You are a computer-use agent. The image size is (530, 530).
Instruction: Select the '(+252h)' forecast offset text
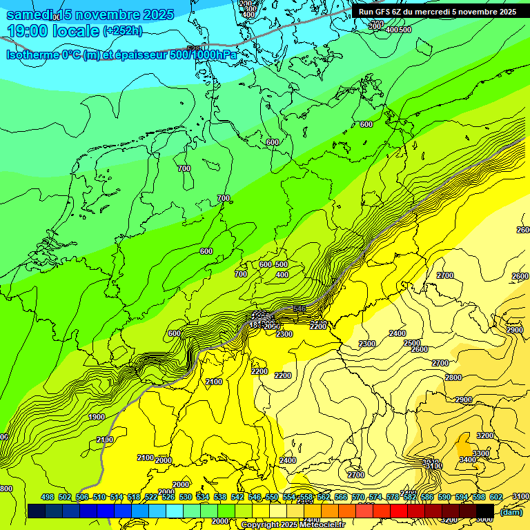122,31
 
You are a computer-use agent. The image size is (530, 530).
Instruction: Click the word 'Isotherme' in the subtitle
32,55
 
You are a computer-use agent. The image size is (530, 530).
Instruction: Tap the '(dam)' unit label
511,511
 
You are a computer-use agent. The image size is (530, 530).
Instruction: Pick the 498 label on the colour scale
48,498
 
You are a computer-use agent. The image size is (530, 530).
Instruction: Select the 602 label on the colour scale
496,498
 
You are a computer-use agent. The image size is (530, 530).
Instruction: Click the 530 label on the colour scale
186,498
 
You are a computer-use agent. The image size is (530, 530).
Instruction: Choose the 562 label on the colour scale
324,498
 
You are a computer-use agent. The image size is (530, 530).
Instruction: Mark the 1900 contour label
97,417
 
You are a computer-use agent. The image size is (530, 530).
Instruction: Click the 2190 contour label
105,440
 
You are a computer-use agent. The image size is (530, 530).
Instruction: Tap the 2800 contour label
453,377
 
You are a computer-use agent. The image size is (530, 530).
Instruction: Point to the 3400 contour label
467,460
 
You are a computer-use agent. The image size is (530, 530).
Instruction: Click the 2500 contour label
412,343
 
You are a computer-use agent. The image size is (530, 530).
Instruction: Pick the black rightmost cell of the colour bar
484,511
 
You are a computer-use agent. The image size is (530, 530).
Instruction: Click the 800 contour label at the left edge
6,489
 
